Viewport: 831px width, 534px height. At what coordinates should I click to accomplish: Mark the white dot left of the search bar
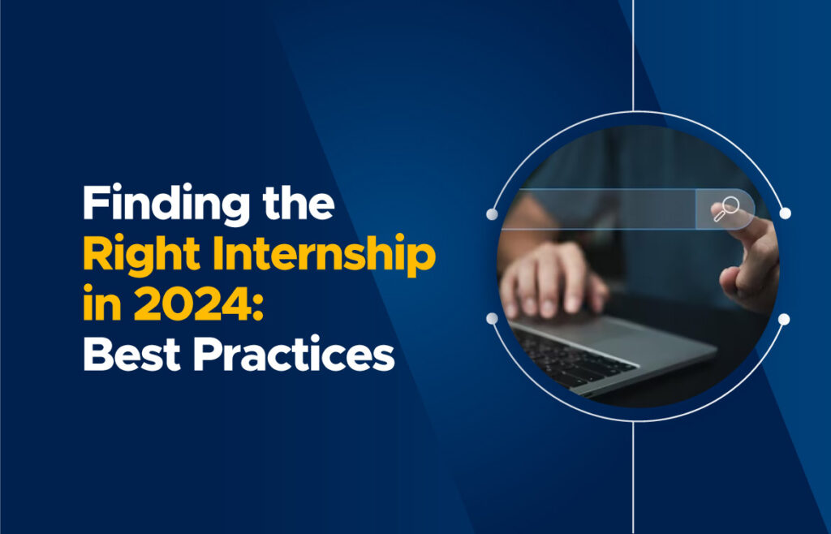coord(492,214)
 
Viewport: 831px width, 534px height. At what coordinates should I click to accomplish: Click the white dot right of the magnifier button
coord(785,213)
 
